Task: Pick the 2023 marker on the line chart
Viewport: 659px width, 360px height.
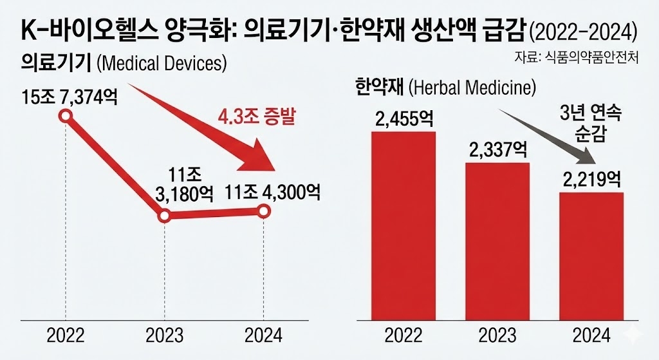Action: click(165, 216)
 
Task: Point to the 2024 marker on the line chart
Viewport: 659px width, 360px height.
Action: click(264, 211)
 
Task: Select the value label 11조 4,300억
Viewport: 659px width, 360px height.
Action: click(273, 191)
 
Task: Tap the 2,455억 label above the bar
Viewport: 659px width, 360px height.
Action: click(403, 120)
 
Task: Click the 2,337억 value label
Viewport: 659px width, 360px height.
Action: click(497, 151)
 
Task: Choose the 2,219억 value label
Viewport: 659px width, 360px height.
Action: click(591, 180)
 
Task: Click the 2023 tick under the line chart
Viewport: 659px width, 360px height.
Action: click(165, 336)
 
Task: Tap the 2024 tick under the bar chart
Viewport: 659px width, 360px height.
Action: click(591, 336)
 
